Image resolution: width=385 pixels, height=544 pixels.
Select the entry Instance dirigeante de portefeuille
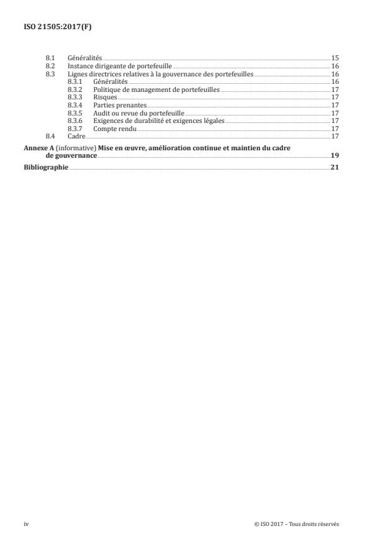[119, 65]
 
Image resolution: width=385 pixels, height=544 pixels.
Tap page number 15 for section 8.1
[335, 57]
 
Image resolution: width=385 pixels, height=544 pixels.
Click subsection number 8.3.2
[75, 89]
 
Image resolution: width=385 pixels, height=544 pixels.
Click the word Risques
[105, 97]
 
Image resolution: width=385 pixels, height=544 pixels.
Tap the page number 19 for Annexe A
[335, 156]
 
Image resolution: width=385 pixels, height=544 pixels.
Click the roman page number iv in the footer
[26, 524]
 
